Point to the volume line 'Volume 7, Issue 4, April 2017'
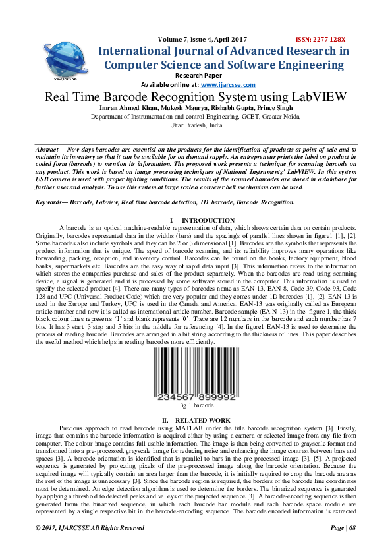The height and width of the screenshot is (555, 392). pos(196,40)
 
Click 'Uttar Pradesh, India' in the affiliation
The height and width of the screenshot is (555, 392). pos(196,125)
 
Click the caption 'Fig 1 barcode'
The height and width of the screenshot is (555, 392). pos(196,407)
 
